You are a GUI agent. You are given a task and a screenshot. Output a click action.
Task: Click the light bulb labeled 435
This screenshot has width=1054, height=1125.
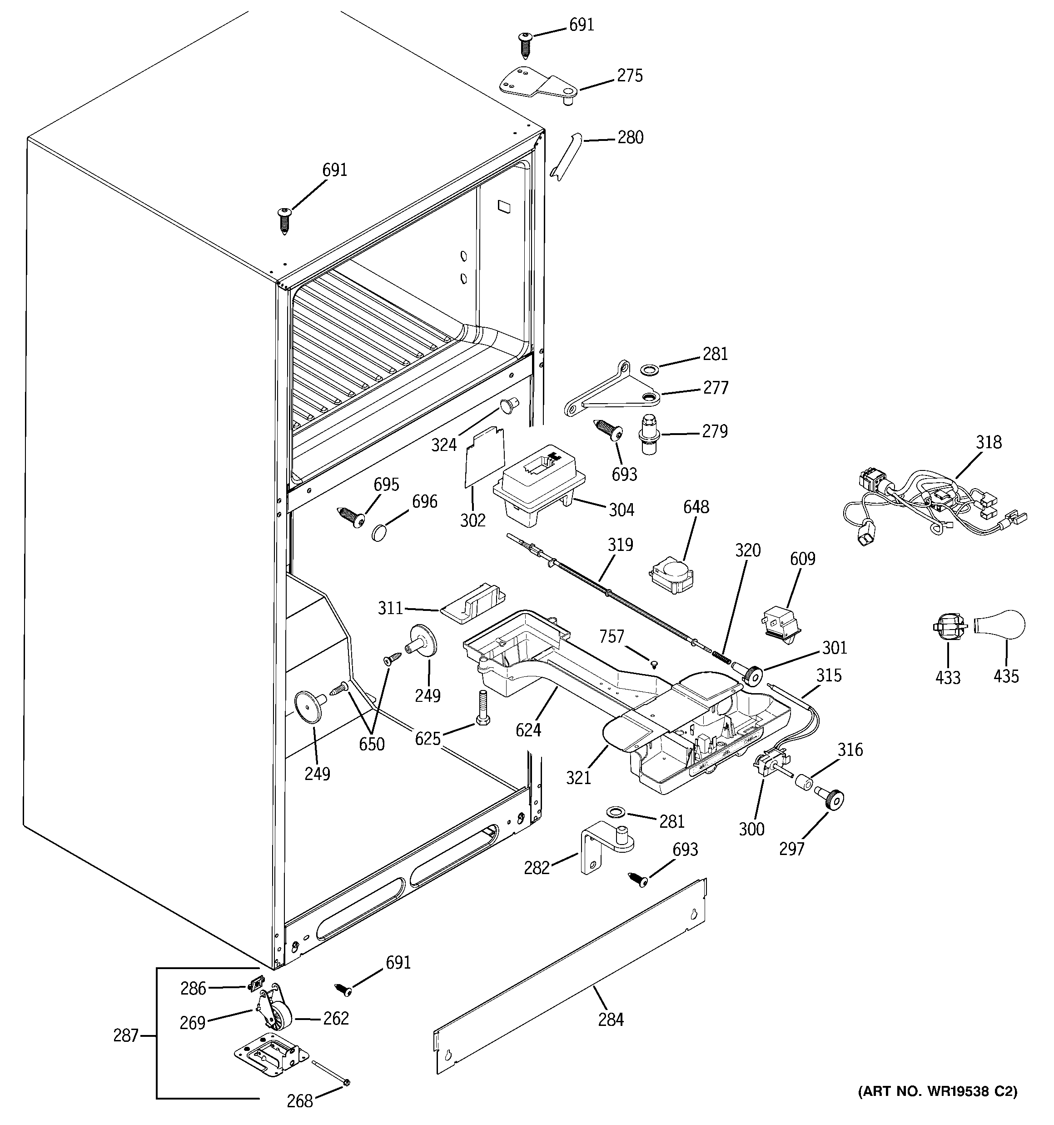point(1002,626)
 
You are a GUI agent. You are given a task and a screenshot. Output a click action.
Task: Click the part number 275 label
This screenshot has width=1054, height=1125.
point(630,76)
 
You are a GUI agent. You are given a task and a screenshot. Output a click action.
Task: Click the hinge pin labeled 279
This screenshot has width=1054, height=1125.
point(650,435)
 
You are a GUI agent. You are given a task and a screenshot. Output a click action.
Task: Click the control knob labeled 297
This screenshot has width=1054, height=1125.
point(830,800)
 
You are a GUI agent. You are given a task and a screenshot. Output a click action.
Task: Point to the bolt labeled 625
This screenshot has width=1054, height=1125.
point(484,707)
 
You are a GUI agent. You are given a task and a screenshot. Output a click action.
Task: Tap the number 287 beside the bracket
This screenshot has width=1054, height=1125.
point(125,1035)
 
